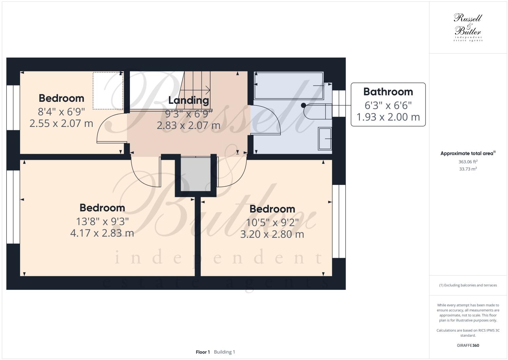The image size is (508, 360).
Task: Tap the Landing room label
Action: click(189, 100)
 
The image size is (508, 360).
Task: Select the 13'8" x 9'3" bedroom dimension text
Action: click(102, 221)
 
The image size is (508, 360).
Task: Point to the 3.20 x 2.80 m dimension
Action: click(272, 234)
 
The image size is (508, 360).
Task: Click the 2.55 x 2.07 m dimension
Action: click(61, 123)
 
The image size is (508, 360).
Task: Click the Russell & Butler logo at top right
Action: click(468, 27)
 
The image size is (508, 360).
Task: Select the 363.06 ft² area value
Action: click(468, 162)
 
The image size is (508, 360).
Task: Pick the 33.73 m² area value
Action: click(468, 169)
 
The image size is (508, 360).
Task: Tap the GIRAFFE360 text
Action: click(468, 345)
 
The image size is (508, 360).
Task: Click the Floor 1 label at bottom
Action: click(203, 352)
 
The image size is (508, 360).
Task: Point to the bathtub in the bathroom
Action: click(289, 86)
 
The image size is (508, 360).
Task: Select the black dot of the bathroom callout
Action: click(304, 105)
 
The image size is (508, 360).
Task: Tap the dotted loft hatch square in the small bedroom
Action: click(108, 91)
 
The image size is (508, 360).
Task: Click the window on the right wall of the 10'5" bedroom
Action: click(338, 221)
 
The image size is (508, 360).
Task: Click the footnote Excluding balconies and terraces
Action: click(468, 285)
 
